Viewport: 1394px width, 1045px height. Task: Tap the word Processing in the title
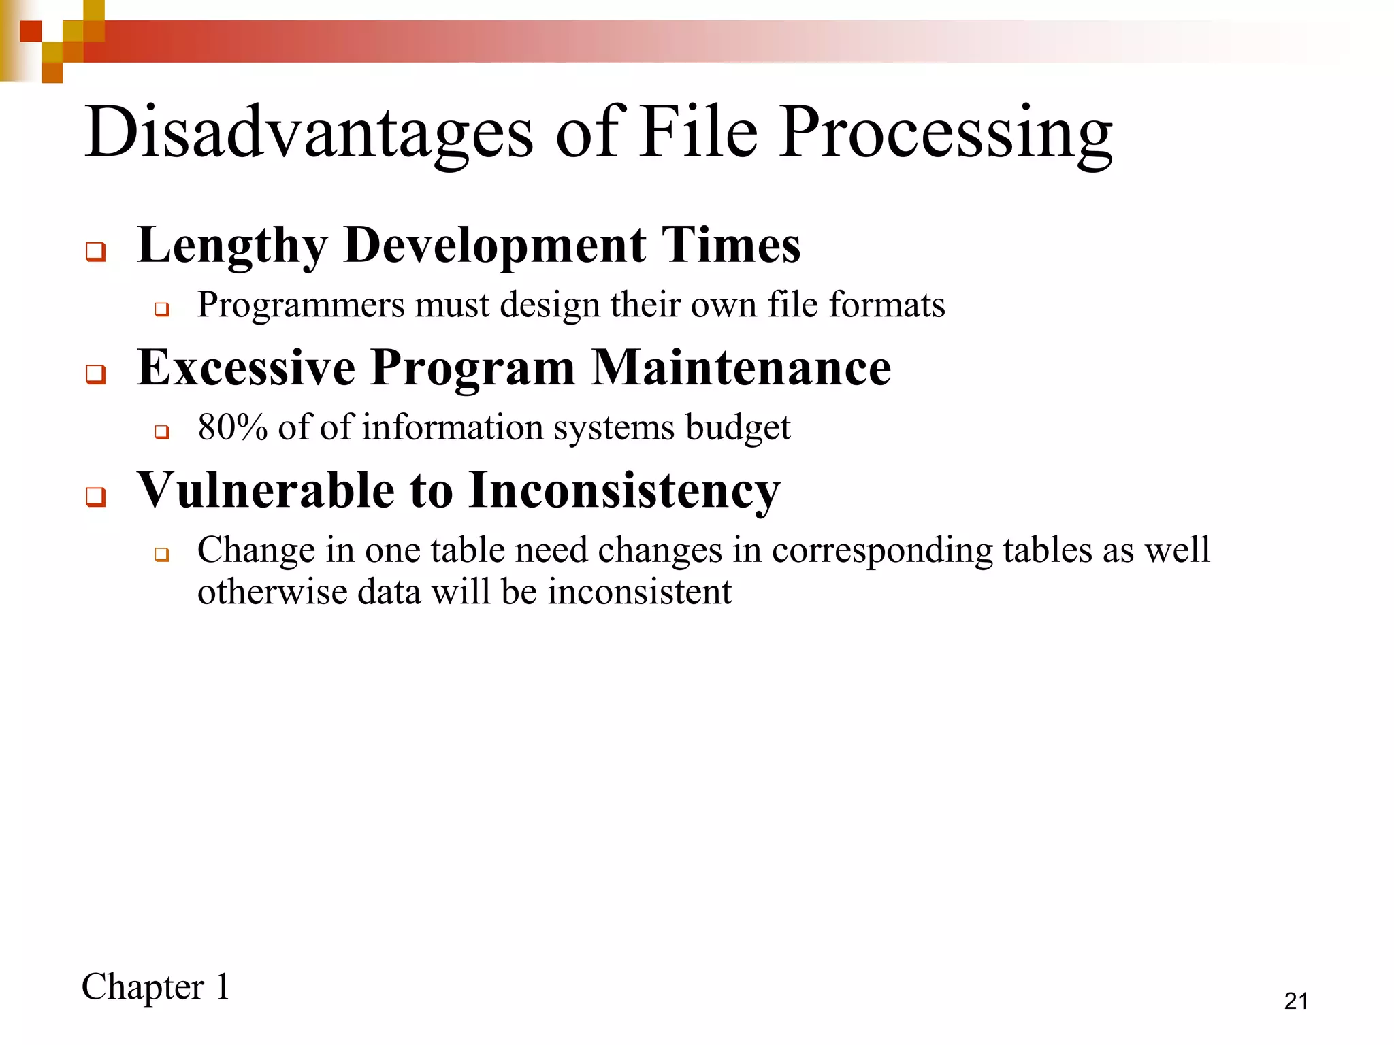(945, 133)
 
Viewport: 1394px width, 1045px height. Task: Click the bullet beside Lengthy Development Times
(96, 252)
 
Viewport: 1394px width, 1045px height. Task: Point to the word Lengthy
(232, 246)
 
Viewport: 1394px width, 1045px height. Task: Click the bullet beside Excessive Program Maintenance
(96, 374)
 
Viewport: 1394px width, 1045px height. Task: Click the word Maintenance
(741, 368)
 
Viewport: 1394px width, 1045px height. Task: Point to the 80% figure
(232, 428)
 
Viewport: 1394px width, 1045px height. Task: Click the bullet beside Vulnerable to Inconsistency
(96, 497)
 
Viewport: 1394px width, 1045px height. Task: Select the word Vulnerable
(266, 491)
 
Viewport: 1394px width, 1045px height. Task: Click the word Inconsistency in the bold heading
(624, 492)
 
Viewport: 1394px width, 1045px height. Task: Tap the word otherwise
(272, 592)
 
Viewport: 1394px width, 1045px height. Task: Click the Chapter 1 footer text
(156, 987)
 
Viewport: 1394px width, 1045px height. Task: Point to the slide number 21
(1296, 1001)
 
